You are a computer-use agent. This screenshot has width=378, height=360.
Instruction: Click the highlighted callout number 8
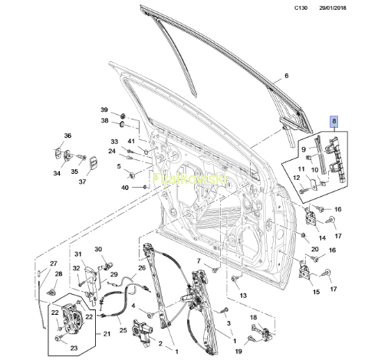coord(334,122)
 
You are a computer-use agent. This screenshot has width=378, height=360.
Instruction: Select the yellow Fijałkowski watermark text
coord(189,178)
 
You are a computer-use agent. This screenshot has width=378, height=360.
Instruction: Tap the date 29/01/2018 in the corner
coord(333,8)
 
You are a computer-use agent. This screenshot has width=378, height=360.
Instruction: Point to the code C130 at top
coord(301,8)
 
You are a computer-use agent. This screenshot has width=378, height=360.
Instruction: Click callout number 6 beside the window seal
coord(286,76)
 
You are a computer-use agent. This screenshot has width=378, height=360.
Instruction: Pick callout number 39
coord(104,110)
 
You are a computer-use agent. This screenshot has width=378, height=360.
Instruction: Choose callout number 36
coord(67,136)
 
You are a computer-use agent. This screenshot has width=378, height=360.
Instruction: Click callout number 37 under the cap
coord(82,182)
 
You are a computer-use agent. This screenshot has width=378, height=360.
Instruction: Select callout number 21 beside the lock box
coord(107,334)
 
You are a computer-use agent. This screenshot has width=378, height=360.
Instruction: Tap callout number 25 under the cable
coord(123,330)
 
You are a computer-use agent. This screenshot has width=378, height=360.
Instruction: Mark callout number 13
coord(243,296)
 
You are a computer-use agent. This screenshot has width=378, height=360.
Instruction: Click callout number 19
coord(238,352)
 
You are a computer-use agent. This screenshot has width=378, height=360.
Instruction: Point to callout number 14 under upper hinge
coord(322,238)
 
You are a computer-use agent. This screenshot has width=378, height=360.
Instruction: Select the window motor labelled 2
coord(142,332)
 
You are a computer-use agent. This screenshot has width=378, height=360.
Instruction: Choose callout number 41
coord(131,141)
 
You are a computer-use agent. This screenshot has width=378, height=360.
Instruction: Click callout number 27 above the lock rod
coord(54,263)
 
